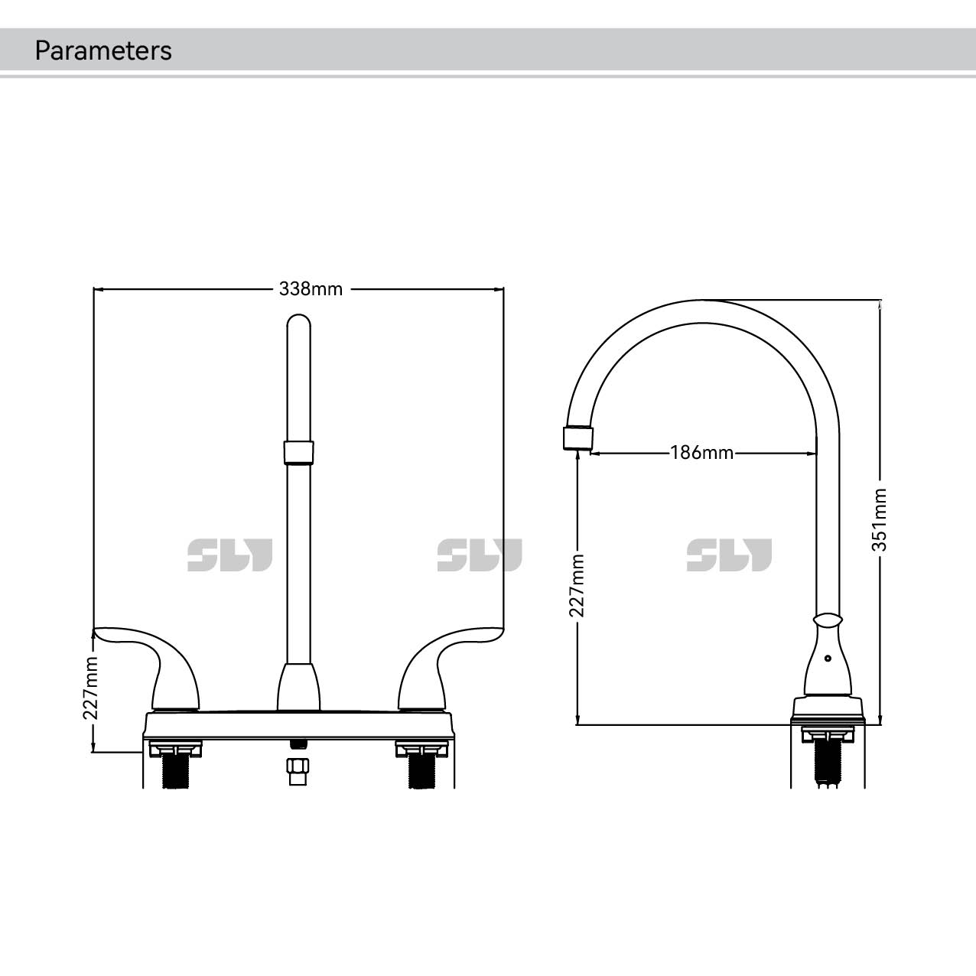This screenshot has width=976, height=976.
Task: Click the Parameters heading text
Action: [103, 50]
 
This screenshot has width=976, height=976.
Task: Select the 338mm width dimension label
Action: [311, 289]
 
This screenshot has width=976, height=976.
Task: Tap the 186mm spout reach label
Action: [701, 453]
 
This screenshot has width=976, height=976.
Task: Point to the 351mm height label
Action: [880, 519]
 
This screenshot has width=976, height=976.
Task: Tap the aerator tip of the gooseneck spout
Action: [578, 438]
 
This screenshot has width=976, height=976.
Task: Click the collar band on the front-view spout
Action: [298, 452]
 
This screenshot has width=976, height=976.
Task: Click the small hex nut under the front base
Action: [298, 770]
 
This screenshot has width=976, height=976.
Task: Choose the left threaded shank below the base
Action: [177, 771]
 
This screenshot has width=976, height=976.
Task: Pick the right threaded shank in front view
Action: [420, 771]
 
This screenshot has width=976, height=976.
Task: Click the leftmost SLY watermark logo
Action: [229, 555]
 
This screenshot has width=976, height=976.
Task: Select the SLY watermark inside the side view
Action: [729, 555]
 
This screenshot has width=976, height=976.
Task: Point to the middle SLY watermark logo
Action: [480, 555]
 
